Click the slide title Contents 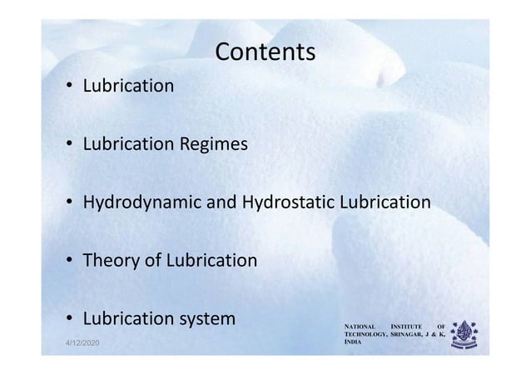[265, 53]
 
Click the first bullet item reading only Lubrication [127, 86]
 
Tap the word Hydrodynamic [136, 203]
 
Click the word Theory [106, 262]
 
